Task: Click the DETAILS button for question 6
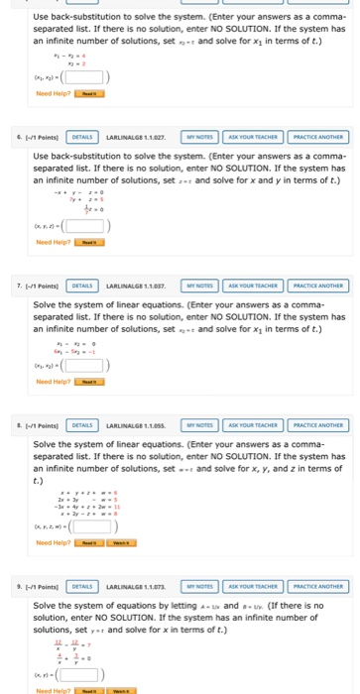click(82, 137)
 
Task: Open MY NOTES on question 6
click(201, 137)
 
